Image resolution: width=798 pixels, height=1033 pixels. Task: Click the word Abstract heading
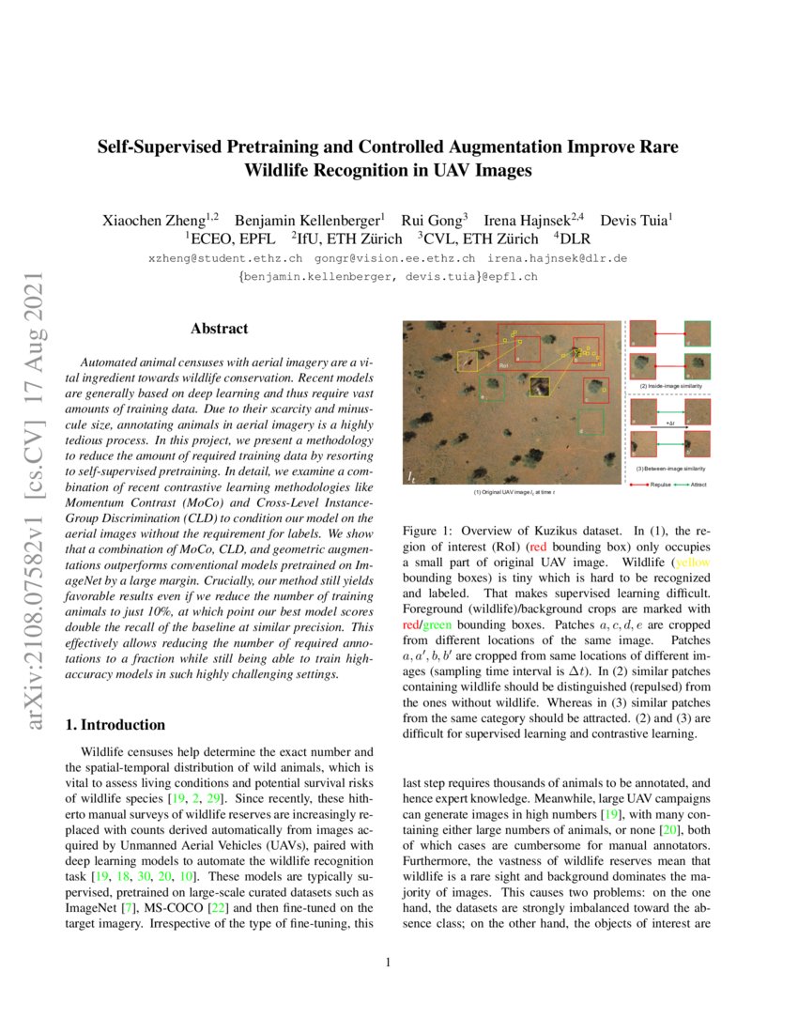point(219,329)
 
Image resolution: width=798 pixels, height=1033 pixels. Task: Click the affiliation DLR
point(573,239)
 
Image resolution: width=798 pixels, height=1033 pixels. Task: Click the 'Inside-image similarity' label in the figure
point(672,387)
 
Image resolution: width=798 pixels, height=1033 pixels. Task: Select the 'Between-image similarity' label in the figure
point(672,468)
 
